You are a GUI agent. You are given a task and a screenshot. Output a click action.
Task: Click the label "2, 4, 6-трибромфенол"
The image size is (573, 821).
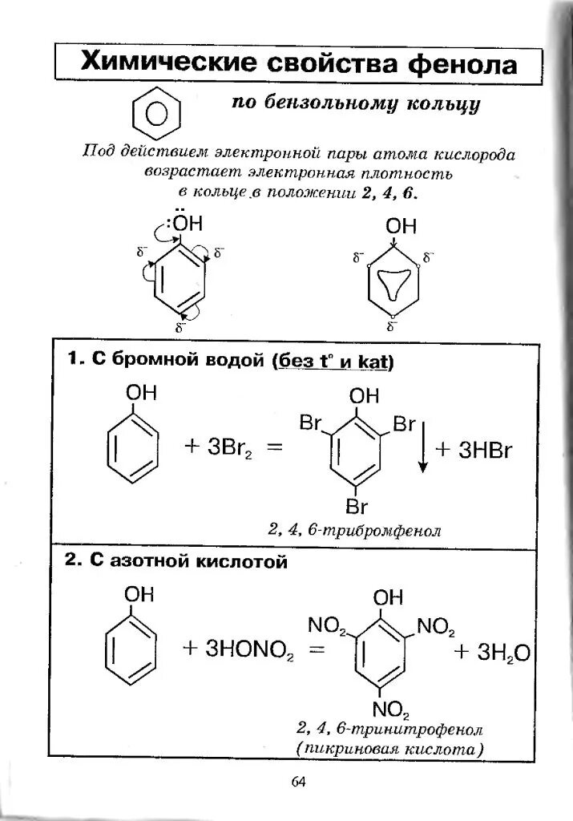pyautogui.click(x=355, y=531)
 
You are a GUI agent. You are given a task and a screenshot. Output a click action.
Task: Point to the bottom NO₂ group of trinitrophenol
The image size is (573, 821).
pyautogui.click(x=390, y=710)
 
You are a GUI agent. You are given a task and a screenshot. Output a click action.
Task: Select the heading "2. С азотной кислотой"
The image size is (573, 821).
pyautogui.click(x=176, y=562)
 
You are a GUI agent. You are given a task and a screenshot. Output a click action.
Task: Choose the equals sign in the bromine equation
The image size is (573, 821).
pyautogui.click(x=276, y=449)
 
